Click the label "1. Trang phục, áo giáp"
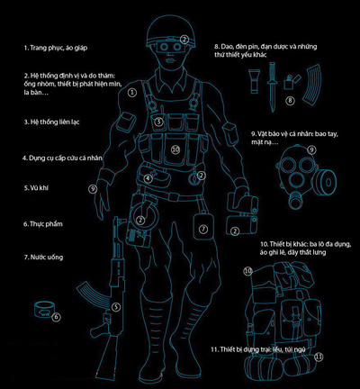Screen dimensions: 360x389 pos(56,48)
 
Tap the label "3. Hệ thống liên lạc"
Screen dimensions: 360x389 pos(52,122)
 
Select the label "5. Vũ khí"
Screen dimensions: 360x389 pos(36,188)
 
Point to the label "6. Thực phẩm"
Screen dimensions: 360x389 pos(43,224)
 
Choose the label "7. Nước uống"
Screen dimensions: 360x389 pos(43,258)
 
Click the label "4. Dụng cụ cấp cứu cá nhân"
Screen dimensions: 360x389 pos(62,158)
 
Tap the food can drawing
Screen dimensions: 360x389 pos(45,310)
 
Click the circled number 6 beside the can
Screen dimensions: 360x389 pos(56,317)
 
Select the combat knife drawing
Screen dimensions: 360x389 pos(272,87)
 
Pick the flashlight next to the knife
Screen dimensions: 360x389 pos(255,81)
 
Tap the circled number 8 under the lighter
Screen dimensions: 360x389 pos(290,101)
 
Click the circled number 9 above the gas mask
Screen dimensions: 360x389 pos(312,149)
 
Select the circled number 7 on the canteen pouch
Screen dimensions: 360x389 pos(203,229)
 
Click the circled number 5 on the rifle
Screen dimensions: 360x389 pos(116,307)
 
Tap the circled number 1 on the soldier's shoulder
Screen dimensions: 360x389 pos(132,92)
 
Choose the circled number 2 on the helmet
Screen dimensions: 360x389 pos(184,39)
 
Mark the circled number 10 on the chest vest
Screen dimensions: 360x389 pos(175,149)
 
